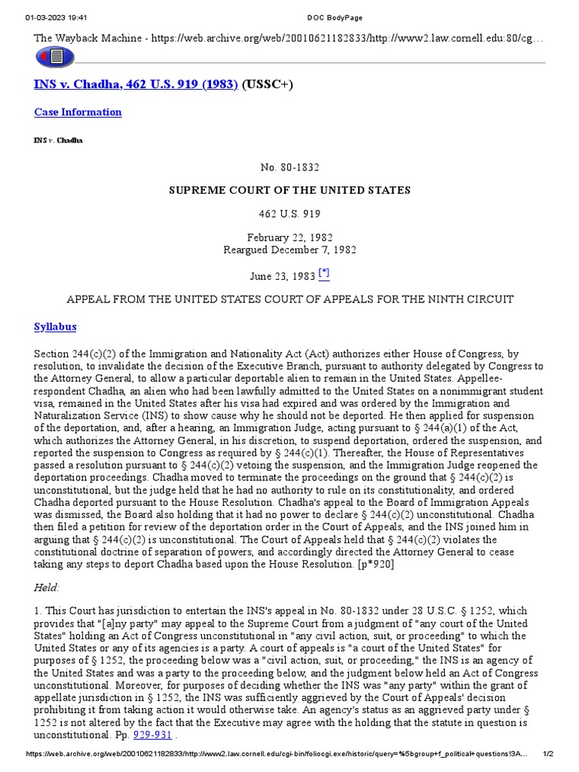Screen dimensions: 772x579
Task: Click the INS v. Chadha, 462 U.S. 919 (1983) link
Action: (136, 84)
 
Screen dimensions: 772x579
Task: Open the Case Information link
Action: (78, 112)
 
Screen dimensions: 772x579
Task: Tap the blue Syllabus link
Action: (55, 327)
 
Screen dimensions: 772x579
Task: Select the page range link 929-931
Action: (153, 734)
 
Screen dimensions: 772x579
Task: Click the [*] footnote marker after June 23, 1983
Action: (324, 274)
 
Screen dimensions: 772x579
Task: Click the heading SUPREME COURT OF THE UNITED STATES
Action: (290, 190)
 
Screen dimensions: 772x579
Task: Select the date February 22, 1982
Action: (290, 236)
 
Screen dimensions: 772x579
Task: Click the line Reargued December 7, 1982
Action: (290, 250)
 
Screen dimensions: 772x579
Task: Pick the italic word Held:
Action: (47, 587)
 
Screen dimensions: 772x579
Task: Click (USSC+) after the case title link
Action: (267, 84)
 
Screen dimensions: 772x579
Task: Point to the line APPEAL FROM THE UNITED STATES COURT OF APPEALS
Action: (290, 299)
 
